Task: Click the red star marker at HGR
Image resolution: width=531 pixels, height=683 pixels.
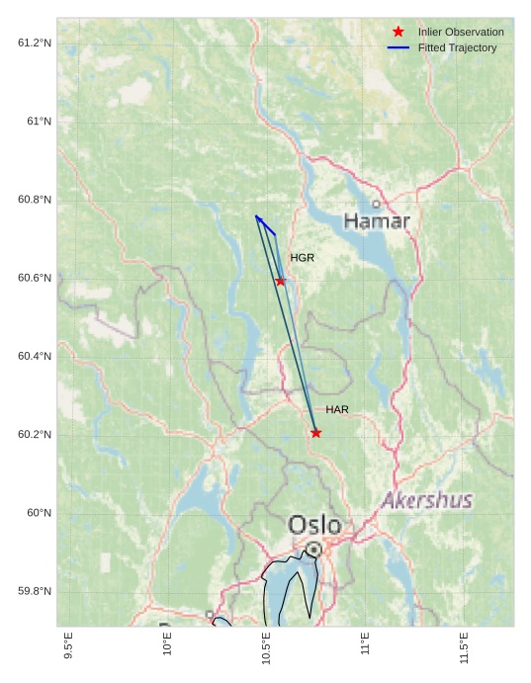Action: (281, 281)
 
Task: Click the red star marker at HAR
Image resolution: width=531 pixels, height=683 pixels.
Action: (315, 433)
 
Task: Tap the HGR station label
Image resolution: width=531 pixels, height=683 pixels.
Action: (302, 258)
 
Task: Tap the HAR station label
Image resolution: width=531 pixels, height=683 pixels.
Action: (337, 409)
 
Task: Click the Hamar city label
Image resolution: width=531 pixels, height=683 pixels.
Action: (377, 221)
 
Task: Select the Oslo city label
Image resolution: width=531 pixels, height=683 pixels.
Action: (314, 525)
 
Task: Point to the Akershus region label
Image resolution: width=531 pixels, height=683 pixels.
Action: (427, 500)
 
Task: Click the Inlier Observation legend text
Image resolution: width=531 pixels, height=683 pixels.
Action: (461, 33)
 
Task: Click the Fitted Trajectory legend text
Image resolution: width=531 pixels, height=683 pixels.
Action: (457, 47)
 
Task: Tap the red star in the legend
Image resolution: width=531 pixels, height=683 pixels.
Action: (398, 33)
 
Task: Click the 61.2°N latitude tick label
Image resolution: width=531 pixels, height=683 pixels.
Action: (35, 43)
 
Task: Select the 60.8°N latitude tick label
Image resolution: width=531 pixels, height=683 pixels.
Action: (35, 200)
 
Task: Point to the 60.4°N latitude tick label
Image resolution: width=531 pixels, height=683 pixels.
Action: (35, 356)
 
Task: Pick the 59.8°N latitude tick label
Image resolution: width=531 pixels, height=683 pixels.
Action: (35, 591)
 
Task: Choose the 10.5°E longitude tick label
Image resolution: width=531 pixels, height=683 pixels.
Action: (267, 647)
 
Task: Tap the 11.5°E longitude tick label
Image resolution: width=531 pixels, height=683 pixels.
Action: (465, 647)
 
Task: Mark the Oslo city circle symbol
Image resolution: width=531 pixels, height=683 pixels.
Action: (313, 549)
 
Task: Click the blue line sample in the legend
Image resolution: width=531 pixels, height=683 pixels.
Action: (398, 47)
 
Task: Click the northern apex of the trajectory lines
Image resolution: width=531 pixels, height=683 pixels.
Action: (255, 215)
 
